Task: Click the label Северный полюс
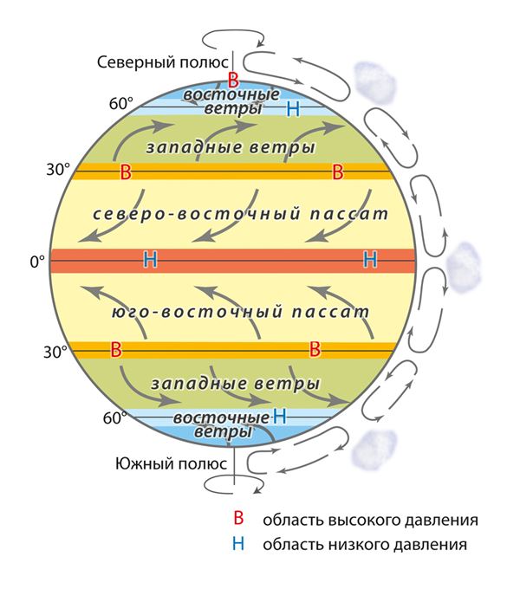162,62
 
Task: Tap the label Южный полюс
171,464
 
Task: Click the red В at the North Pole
233,80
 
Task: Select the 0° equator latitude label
37,262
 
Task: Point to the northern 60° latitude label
121,103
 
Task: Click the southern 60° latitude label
115,417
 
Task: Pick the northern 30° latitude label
58,170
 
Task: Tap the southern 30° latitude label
55,353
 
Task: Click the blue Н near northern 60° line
293,109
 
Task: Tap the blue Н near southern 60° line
280,417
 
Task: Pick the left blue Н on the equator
151,260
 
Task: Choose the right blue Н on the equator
370,260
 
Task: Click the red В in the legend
238,518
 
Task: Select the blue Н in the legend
238,543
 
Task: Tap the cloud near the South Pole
374,450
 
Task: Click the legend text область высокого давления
370,521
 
